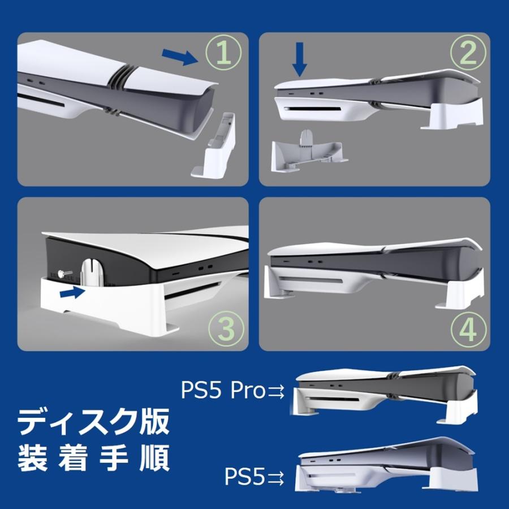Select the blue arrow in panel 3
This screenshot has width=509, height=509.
click(72, 292)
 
